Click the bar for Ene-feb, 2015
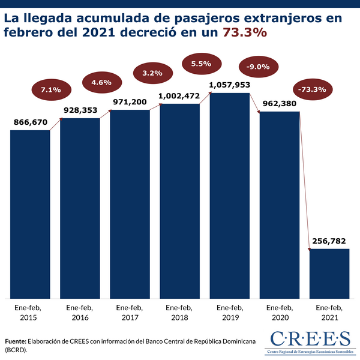coord(30,213)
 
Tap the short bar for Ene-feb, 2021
coord(329,273)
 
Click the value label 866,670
coord(30,122)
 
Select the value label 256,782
coord(329,241)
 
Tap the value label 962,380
coord(279,103)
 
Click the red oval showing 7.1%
coord(51,90)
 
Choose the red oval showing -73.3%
coord(311,90)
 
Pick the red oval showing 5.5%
coord(201,64)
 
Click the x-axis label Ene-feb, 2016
coord(80,312)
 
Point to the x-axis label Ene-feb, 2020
coord(279,312)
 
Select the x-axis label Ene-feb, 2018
coord(179,312)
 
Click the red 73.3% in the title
coord(245,34)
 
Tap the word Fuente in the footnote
coord(17,340)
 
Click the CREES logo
coord(310,340)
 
